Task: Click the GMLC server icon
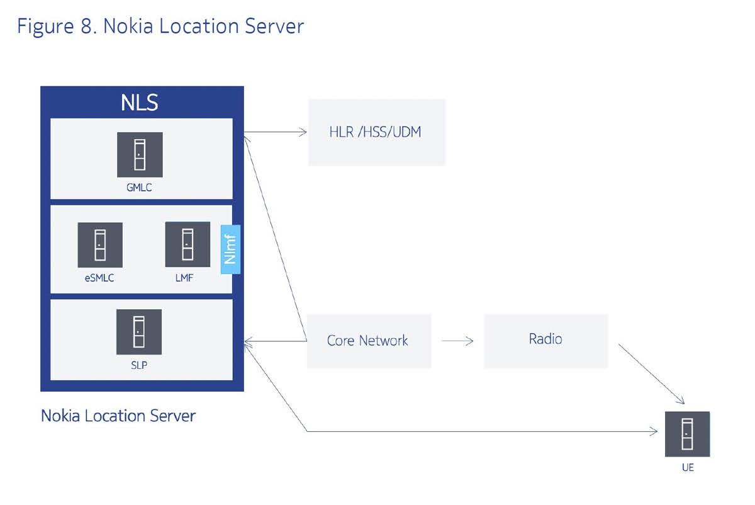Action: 140,155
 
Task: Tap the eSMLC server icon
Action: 100,245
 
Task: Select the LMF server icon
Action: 187,244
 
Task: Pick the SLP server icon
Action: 139,332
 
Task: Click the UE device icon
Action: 687,434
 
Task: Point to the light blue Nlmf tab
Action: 231,249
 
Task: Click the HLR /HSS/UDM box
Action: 376,132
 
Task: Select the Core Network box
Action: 369,341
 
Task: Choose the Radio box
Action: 545,340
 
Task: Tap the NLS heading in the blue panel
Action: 140,103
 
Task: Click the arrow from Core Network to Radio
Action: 457,341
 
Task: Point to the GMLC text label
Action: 139,187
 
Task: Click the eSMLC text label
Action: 99,278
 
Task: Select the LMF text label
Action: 184,278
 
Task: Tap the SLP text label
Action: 138,365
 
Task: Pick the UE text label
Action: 687,468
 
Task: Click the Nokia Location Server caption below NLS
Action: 118,416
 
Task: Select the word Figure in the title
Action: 45,26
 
